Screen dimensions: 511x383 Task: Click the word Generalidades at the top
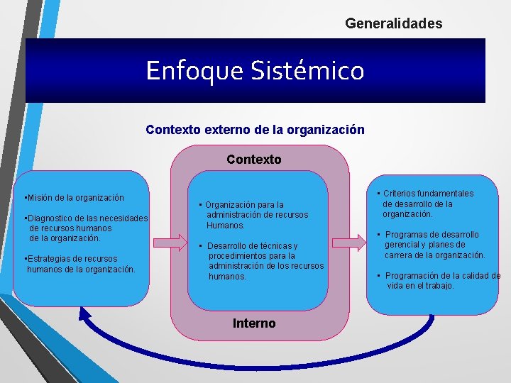click(x=393, y=23)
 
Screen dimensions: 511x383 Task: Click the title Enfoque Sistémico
click(x=255, y=70)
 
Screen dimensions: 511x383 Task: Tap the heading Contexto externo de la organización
click(x=255, y=130)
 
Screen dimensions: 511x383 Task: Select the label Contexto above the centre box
click(x=254, y=160)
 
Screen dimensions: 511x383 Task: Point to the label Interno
click(x=254, y=323)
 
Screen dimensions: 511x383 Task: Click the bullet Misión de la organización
click(x=74, y=198)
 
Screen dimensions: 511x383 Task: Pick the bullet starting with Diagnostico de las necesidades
click(x=85, y=228)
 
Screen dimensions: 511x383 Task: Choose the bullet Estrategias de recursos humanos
click(x=79, y=264)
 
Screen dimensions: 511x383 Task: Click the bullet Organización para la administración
click(x=253, y=215)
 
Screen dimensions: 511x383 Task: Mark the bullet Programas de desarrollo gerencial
click(x=433, y=245)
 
